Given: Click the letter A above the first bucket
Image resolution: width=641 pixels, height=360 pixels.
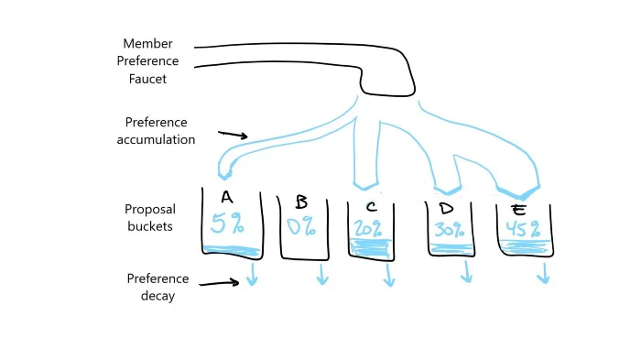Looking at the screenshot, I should [226, 198].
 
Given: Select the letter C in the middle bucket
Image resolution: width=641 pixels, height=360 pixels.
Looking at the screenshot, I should [370, 205].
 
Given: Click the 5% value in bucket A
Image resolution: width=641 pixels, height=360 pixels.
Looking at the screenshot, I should [227, 224].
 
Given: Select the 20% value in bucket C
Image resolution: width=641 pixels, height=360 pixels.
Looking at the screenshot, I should [369, 229].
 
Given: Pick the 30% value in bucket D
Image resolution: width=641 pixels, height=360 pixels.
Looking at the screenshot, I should [449, 230].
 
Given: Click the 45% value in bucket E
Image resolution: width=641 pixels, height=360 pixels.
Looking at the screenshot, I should [523, 229].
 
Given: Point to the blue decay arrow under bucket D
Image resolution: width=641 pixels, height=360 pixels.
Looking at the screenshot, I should [467, 272].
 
